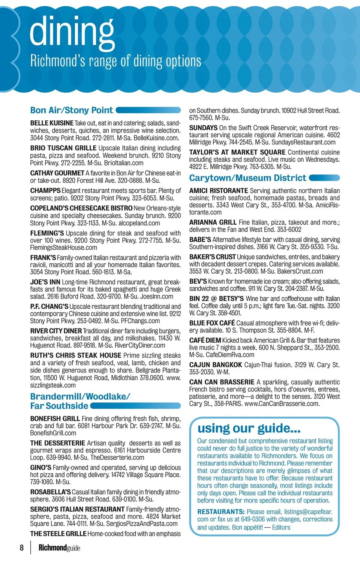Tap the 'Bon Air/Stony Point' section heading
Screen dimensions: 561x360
click(71, 110)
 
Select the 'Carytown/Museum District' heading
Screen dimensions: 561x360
click(247, 178)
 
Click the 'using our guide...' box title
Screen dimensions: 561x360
click(249, 428)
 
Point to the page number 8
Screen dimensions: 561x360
click(22, 548)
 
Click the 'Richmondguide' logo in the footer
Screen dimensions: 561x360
click(59, 548)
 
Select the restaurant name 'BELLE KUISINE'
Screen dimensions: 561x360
click(52, 123)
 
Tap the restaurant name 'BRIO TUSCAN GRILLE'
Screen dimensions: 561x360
click(63, 148)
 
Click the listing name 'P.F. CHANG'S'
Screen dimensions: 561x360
click(49, 306)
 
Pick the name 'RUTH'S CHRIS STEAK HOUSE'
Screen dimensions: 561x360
click(76, 355)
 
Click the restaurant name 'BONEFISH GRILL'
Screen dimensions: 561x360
click(55, 418)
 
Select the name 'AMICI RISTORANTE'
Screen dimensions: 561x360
click(219, 191)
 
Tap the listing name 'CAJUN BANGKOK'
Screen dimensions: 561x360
click(216, 365)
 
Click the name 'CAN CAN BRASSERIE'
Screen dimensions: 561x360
click(222, 382)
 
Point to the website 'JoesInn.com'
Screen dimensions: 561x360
click(157, 297)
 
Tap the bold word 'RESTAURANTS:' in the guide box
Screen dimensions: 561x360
click(221, 512)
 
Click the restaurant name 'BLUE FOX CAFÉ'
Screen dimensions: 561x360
click(212, 323)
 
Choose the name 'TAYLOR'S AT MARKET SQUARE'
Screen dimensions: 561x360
click(237, 152)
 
